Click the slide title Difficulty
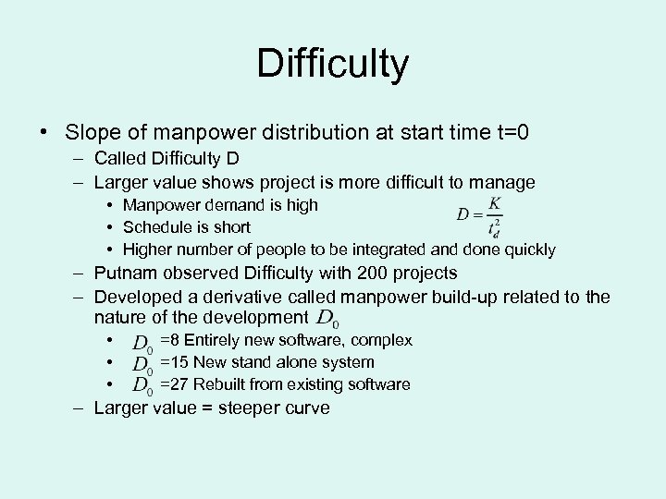click(332, 64)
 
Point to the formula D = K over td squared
click(481, 214)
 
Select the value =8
click(170, 341)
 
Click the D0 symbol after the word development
click(327, 320)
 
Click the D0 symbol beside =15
click(142, 364)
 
